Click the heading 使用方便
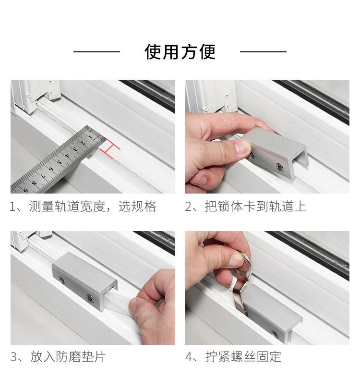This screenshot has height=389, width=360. (x=180, y=52)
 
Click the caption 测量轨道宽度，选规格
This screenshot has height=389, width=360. (x=93, y=207)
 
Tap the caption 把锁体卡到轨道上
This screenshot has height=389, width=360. (x=255, y=207)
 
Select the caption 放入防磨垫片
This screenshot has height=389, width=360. (x=68, y=356)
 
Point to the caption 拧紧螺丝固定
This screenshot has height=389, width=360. (x=243, y=356)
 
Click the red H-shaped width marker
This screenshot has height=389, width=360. (x=109, y=149)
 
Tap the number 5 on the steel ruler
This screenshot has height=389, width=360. (x=59, y=163)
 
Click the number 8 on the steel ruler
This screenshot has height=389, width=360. (x=35, y=183)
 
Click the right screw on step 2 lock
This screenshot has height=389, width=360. (x=281, y=168)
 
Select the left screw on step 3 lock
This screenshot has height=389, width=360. (x=61, y=280)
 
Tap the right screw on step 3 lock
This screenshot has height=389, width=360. (x=89, y=297)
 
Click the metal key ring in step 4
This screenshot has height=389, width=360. (x=244, y=266)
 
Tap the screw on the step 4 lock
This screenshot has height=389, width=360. (x=275, y=334)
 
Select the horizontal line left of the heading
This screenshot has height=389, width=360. (x=96, y=52)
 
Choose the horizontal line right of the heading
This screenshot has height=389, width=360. (x=264, y=52)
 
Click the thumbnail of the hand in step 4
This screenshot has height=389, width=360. (x=236, y=258)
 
